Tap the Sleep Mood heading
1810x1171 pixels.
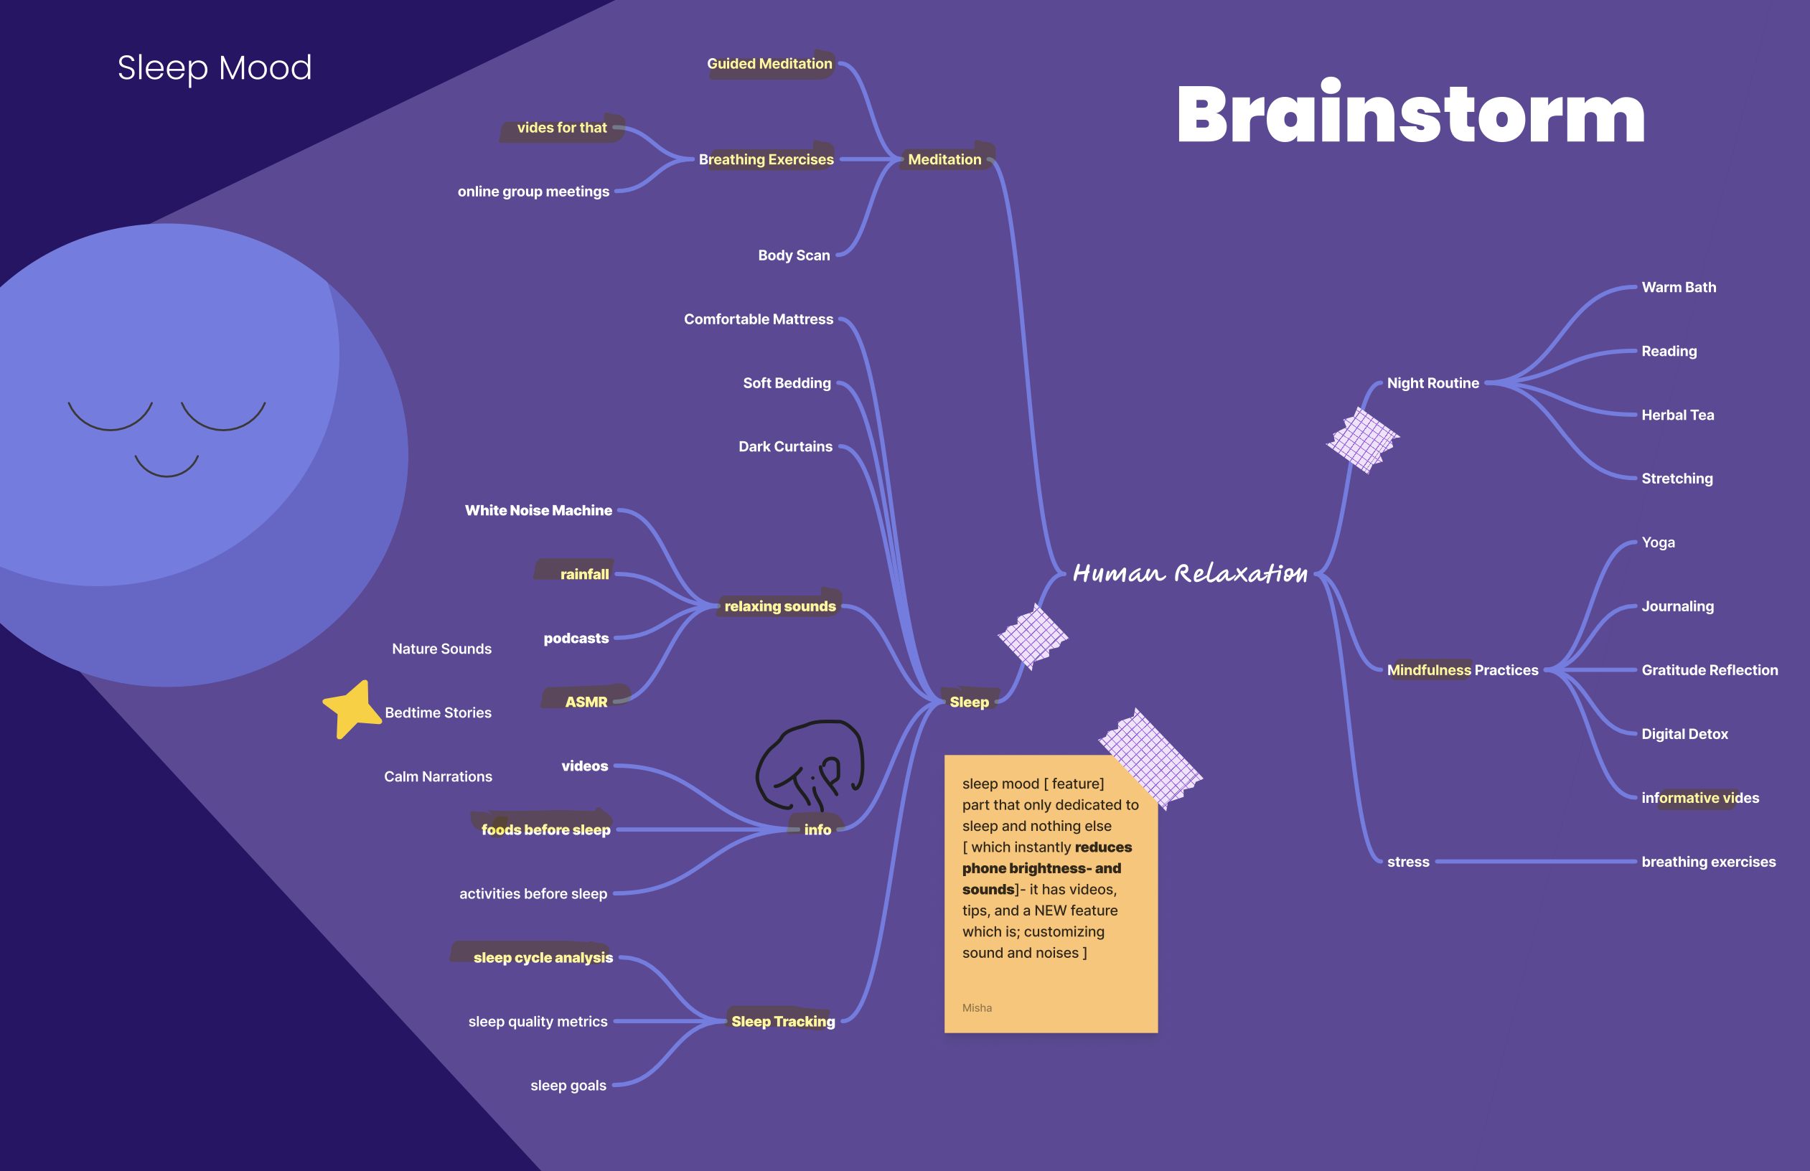point(215,67)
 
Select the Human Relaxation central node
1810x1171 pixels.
point(1189,573)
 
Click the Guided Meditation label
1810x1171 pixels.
point(769,64)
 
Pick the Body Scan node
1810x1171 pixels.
point(793,255)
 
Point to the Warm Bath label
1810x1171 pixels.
point(1679,288)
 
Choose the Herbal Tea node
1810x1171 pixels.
point(1677,415)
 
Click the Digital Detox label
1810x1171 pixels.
point(1684,734)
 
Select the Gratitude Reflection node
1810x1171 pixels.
point(1709,670)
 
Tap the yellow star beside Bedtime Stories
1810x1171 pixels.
point(352,709)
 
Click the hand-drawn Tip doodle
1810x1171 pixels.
point(811,764)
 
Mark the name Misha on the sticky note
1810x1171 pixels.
point(977,1007)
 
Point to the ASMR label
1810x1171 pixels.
point(586,702)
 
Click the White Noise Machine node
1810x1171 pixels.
point(538,510)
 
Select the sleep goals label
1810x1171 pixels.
point(568,1085)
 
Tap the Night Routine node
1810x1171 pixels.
point(1432,383)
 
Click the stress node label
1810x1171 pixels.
point(1407,862)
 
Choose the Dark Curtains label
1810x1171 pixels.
point(785,446)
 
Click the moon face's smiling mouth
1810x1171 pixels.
point(167,467)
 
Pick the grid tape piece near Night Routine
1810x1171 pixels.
point(1363,440)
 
